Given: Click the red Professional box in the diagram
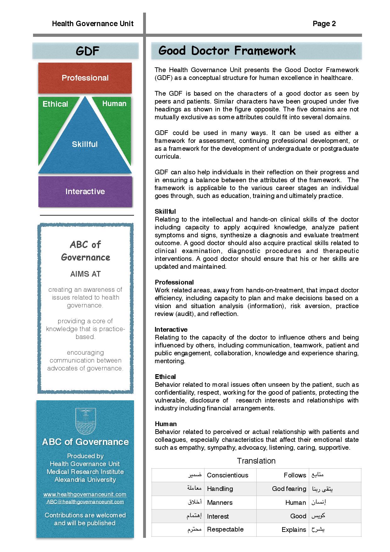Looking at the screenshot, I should [x=85, y=78].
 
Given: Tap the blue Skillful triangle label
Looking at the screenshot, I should [x=85, y=144].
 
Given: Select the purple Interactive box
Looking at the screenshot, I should [x=85, y=191].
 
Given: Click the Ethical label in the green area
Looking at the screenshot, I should [x=55, y=104].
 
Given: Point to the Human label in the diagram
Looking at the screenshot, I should [x=114, y=104].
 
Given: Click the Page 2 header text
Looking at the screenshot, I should [x=324, y=24].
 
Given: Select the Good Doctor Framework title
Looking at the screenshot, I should [x=227, y=51].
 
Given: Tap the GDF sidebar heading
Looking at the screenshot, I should [x=87, y=51].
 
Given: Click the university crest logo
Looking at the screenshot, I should [x=85, y=421].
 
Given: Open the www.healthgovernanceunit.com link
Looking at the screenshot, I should [x=85, y=494].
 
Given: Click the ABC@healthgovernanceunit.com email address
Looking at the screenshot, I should [x=85, y=502].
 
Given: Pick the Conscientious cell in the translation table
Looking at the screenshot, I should [x=227, y=475].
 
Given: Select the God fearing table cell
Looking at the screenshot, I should [x=289, y=489].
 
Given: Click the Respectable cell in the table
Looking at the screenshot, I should [x=225, y=529].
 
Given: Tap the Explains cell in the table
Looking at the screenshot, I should [x=294, y=530].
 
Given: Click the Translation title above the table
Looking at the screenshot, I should [x=256, y=461].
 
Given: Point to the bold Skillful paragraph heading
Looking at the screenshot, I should [x=165, y=211].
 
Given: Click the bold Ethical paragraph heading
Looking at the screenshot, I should [x=165, y=377].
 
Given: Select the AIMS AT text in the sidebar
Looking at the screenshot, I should [x=85, y=274].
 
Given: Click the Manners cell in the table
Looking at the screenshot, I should [x=220, y=503].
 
